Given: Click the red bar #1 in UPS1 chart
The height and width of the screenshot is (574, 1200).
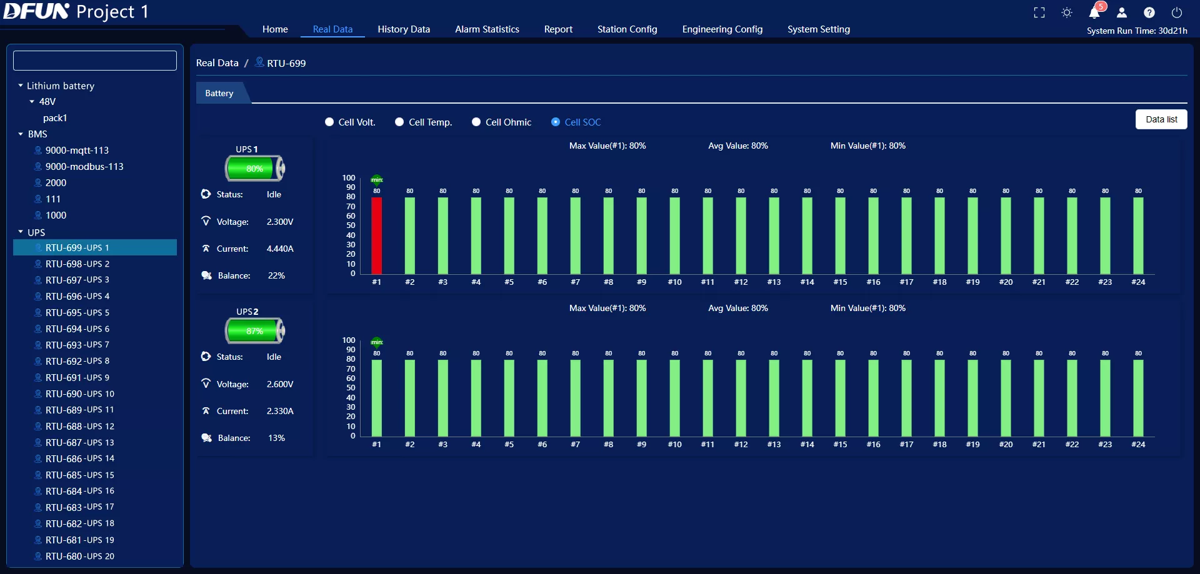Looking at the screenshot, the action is [x=376, y=235].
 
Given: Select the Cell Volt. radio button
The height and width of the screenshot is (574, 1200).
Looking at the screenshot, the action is [x=329, y=122].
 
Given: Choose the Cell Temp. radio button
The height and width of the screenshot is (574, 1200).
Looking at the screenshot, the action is [x=399, y=122].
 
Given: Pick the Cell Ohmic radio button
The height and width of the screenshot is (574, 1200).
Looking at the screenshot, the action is [x=476, y=122].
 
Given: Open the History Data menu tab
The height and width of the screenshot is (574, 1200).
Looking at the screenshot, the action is [x=404, y=29].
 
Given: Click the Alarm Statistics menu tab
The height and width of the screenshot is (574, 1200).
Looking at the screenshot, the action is [x=487, y=29].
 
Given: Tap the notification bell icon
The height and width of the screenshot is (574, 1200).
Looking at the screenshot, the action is [x=1094, y=12].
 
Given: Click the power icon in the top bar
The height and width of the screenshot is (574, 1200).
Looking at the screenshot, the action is [x=1177, y=12].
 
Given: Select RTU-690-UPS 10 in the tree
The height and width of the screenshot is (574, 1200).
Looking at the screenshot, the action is [x=80, y=394].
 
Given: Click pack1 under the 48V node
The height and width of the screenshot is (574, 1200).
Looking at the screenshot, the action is [x=55, y=118].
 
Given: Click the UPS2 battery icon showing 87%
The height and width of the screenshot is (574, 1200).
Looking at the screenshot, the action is [x=255, y=331].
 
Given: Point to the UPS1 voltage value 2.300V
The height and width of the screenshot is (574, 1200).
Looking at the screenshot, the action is [x=280, y=222].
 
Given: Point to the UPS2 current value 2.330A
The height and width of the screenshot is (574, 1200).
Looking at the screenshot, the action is [x=280, y=411].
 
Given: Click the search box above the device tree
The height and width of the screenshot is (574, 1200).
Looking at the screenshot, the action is [x=95, y=61].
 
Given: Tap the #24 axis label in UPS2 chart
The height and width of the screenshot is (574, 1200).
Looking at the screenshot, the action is [x=1138, y=445].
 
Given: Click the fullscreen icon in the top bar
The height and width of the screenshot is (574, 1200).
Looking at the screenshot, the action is [x=1039, y=12].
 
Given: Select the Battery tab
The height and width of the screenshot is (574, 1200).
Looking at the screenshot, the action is [x=219, y=93].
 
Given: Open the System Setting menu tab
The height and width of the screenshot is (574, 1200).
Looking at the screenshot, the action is [x=819, y=29].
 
